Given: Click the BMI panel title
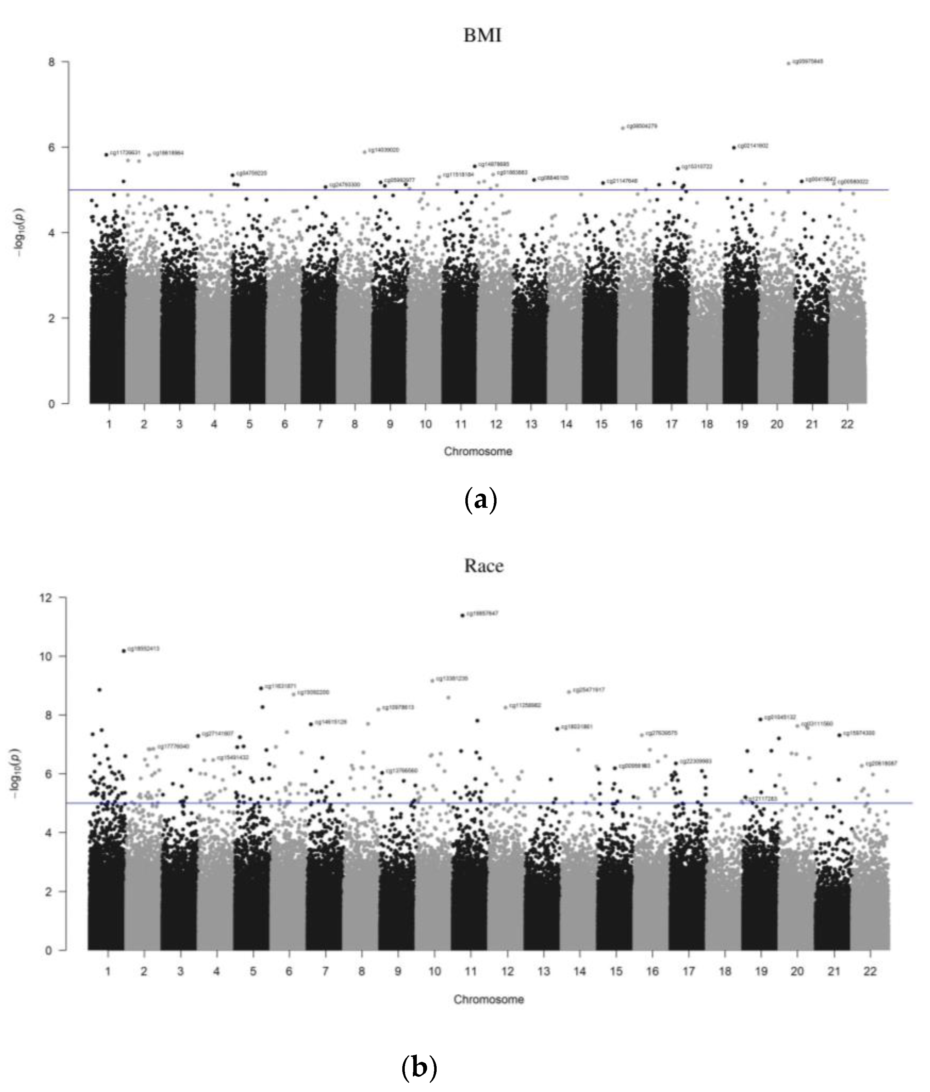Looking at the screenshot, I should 482,35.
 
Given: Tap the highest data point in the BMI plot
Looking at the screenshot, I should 788,63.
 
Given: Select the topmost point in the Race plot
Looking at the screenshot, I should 463,615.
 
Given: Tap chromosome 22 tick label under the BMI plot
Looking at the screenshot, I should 847,425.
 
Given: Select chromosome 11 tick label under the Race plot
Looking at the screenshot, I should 470,970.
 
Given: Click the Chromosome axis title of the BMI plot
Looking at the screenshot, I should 478,451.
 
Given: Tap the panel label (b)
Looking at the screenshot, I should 419,1068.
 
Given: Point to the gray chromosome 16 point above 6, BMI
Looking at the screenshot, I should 623,128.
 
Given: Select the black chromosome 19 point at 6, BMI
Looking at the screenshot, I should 733,148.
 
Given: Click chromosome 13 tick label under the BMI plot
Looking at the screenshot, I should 531,425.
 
